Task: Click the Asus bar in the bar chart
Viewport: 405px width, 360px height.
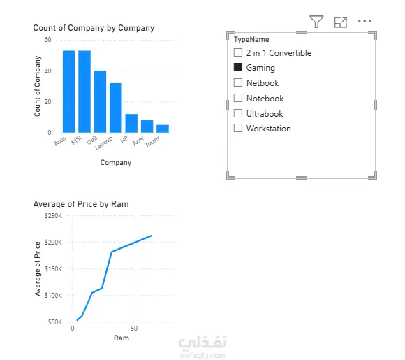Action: point(69,92)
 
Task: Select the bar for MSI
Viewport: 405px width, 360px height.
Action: point(84,92)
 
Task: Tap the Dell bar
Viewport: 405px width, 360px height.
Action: point(101,101)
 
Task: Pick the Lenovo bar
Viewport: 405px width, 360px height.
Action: point(116,108)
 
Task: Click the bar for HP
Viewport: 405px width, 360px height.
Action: point(131,123)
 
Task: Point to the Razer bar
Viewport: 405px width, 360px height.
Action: point(163,129)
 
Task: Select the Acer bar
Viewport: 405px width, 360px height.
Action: point(147,127)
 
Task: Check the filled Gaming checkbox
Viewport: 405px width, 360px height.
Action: point(238,67)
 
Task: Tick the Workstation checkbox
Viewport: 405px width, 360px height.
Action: point(238,128)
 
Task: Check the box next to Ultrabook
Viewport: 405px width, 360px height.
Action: point(238,113)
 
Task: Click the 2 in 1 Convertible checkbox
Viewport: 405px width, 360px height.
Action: point(238,52)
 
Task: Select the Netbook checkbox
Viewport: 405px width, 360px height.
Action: point(238,82)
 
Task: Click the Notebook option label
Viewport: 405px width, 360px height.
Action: point(265,99)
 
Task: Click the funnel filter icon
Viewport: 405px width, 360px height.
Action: point(316,22)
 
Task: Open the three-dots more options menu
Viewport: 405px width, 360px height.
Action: point(364,21)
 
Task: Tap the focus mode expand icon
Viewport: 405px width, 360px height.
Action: point(341,22)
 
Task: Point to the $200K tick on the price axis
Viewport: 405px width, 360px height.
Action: point(53,243)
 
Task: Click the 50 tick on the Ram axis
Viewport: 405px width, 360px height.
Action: point(134,328)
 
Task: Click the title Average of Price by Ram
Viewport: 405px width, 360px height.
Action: point(81,204)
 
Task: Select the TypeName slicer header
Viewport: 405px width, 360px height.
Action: point(251,39)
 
